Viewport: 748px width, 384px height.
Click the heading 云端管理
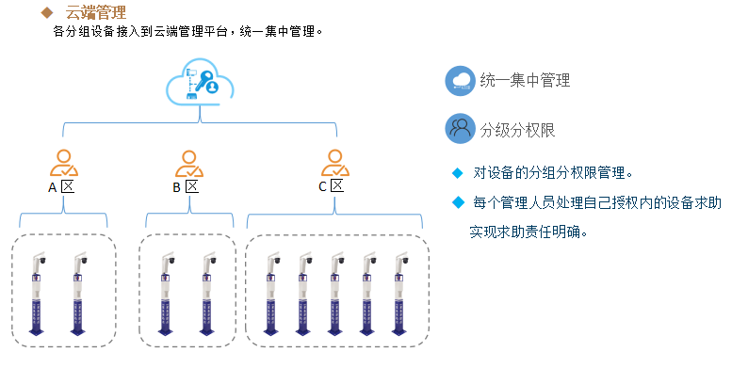(x=95, y=13)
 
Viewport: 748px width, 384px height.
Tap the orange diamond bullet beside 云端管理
(x=47, y=13)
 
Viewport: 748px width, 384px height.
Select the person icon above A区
(x=64, y=163)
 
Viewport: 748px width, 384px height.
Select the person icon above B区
(x=188, y=163)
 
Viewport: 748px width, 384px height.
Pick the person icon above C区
(x=334, y=163)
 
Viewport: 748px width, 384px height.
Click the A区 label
(x=61, y=186)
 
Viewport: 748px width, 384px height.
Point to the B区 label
(x=186, y=186)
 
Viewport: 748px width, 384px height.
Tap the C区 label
(x=330, y=186)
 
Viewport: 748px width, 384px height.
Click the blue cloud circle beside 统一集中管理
(x=460, y=80)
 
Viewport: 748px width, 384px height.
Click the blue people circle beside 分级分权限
(x=460, y=128)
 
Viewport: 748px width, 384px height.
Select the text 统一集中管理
(x=525, y=81)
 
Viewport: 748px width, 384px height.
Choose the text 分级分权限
(x=518, y=129)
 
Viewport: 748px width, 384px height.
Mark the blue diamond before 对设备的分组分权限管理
(x=458, y=172)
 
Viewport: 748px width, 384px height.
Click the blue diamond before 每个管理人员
(x=458, y=202)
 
